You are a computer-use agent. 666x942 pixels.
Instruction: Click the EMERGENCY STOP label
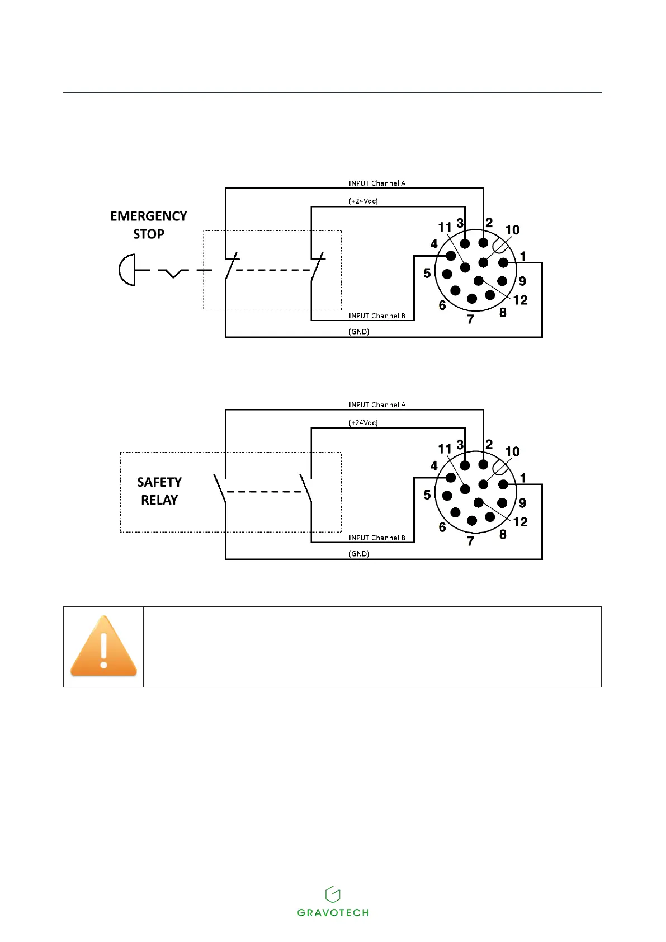(148, 225)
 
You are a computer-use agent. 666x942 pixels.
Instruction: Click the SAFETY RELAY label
(159, 491)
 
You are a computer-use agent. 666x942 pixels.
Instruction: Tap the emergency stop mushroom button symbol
(127, 270)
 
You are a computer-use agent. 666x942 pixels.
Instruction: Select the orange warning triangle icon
(103, 646)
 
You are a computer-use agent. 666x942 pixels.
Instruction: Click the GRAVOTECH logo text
(333, 912)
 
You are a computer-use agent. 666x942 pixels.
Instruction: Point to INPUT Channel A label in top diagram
(377, 183)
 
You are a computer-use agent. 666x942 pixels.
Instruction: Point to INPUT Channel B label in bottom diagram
(377, 538)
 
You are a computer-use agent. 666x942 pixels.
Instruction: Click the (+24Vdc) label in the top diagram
(363, 201)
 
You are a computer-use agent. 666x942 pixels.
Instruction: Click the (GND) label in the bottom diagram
(359, 554)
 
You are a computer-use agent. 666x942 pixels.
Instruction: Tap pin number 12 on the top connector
(520, 300)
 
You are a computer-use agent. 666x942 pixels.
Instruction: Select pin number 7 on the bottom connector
(470, 541)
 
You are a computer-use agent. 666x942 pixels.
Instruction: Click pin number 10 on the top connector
(512, 230)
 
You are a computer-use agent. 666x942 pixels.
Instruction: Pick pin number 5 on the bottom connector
(427, 495)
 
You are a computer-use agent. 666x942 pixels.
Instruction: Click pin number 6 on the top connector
(442, 305)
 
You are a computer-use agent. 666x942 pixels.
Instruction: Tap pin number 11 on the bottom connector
(445, 449)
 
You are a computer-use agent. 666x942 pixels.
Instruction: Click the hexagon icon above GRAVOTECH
(333, 894)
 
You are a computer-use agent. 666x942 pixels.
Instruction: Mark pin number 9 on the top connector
(522, 281)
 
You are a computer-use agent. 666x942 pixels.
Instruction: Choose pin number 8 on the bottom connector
(503, 534)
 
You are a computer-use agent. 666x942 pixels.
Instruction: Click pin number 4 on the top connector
(434, 244)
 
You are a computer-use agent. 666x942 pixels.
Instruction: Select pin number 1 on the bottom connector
(523, 478)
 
